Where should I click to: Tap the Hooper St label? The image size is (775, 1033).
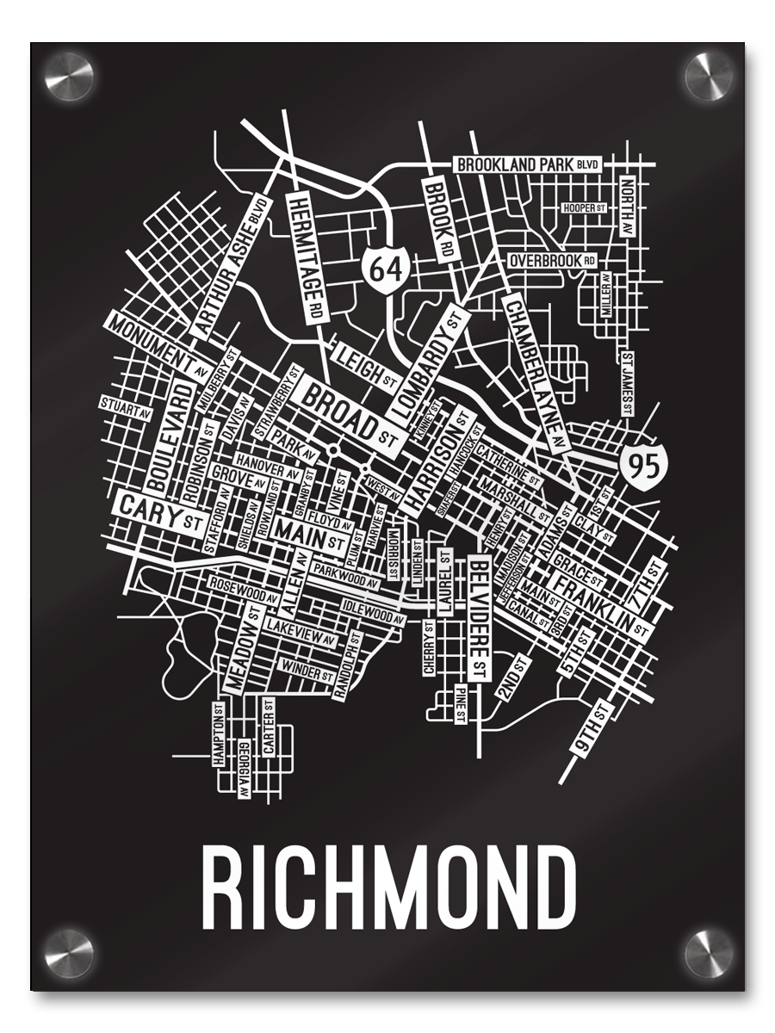pos(584,208)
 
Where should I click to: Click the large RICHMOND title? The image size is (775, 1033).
pos(388,886)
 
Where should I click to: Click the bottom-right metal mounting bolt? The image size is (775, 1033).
pos(709,954)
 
